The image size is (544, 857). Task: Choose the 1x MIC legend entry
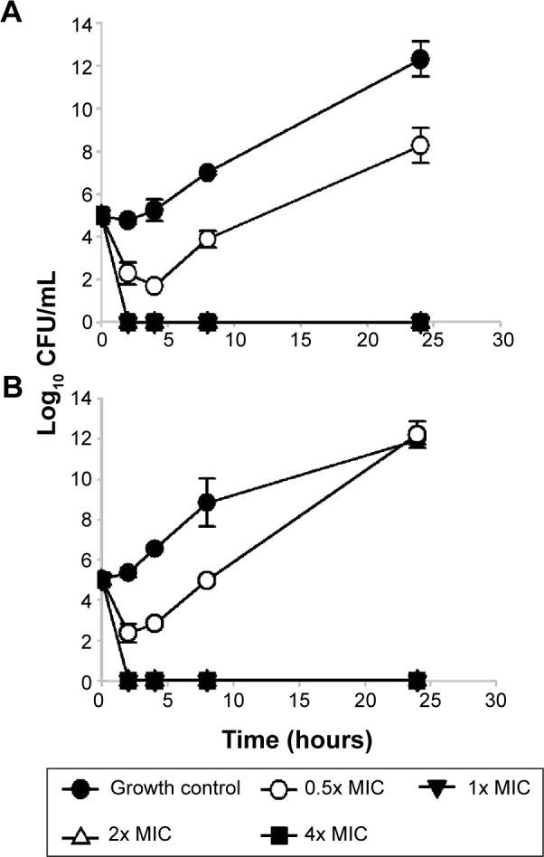(460, 787)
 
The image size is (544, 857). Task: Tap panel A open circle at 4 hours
(155, 286)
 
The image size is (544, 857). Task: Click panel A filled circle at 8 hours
(208, 173)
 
